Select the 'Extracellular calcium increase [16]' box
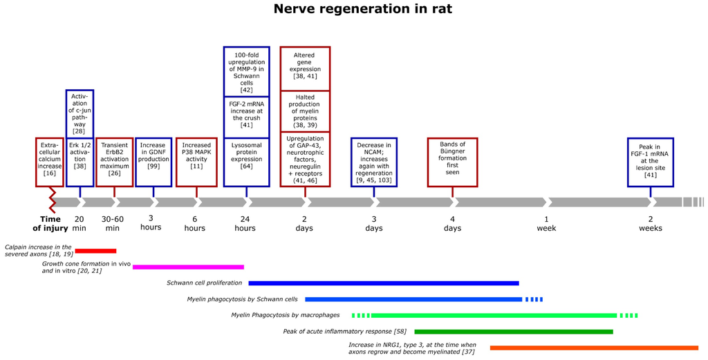(49, 162)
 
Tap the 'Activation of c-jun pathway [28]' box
(80, 113)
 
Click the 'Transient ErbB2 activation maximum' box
(114, 162)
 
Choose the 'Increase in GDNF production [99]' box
(153, 162)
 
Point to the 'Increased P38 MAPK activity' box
(196, 162)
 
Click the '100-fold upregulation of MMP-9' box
(246, 71)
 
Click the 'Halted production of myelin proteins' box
(305, 111)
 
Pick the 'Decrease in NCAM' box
(374, 162)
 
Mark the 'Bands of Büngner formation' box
(452, 162)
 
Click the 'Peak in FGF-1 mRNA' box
(651, 162)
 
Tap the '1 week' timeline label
(546, 223)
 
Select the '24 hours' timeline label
(245, 223)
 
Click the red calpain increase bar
(95, 251)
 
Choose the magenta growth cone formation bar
(188, 267)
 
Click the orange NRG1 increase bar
(594, 348)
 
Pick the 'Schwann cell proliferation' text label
(205, 283)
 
